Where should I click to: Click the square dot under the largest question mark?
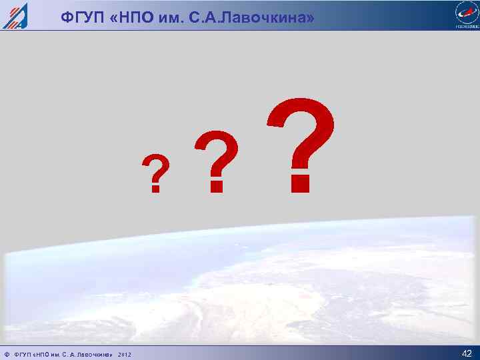click(x=301, y=183)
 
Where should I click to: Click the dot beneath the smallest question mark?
click(x=155, y=189)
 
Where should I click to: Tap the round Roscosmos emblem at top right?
click(x=465, y=12)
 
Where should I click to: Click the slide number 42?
click(x=466, y=353)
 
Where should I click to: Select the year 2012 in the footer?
click(x=125, y=354)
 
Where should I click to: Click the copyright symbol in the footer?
click(x=6, y=354)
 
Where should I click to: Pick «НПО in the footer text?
click(x=43, y=354)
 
